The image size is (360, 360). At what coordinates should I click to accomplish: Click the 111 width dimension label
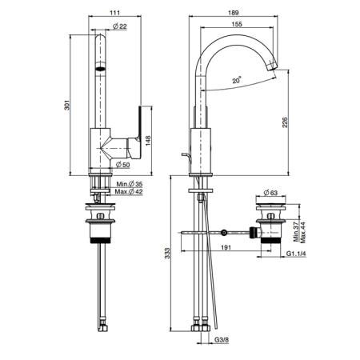(114, 13)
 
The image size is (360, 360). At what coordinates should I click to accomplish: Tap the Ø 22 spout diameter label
(120, 26)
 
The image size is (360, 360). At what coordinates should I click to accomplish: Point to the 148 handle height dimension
(148, 141)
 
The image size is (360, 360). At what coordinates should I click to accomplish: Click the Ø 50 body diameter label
(123, 165)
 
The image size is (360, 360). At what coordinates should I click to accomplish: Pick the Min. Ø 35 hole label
(130, 184)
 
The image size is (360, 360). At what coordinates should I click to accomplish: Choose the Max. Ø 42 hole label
(129, 191)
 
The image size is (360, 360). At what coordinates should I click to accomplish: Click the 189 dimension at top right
(234, 13)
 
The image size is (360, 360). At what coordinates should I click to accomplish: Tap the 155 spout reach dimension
(237, 24)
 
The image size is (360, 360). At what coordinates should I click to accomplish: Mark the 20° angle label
(237, 80)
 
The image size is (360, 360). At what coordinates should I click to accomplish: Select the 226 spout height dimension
(285, 122)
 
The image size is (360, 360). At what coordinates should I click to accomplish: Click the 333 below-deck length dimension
(167, 253)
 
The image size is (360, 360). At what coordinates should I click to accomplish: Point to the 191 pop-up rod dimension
(226, 247)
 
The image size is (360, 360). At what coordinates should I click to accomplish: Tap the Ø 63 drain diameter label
(270, 193)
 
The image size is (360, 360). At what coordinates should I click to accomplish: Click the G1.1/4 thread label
(296, 254)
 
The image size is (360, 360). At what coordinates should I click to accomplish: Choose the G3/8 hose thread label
(222, 340)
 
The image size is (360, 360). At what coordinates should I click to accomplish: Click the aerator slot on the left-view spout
(101, 69)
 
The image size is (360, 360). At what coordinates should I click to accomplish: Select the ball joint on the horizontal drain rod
(224, 233)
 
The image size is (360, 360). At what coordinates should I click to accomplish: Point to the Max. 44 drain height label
(303, 233)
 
